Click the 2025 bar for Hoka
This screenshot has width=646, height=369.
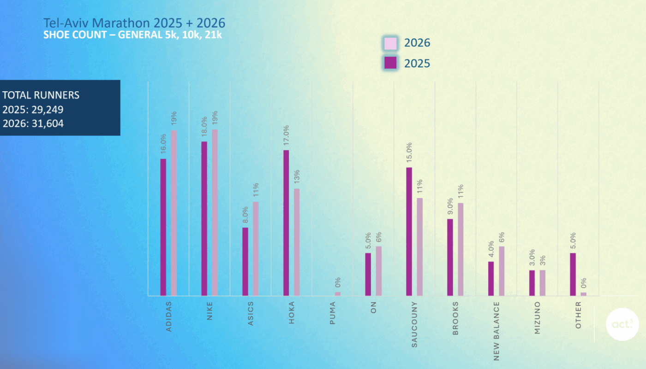[x=286, y=223]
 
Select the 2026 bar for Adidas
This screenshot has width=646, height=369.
[x=174, y=213]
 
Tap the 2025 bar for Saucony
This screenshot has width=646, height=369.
[x=409, y=231]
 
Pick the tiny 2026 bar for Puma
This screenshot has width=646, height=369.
[x=338, y=294]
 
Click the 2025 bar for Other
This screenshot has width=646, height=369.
[x=573, y=274]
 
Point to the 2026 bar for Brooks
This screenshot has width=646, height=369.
[x=461, y=249]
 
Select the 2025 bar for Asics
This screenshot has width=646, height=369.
[x=245, y=262]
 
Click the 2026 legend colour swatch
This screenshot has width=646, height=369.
[x=390, y=43]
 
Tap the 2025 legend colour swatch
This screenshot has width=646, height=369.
[x=390, y=63]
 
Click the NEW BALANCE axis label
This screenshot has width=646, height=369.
[x=496, y=331]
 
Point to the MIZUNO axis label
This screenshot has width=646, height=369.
[x=537, y=318]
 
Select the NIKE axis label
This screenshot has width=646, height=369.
[x=209, y=311]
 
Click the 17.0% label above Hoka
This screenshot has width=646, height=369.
[x=286, y=135]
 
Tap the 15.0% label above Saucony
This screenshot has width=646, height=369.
[x=409, y=152]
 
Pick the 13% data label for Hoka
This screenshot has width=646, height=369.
[x=297, y=177]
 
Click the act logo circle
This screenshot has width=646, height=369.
[x=622, y=324]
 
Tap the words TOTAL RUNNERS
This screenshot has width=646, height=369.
[x=41, y=95]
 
